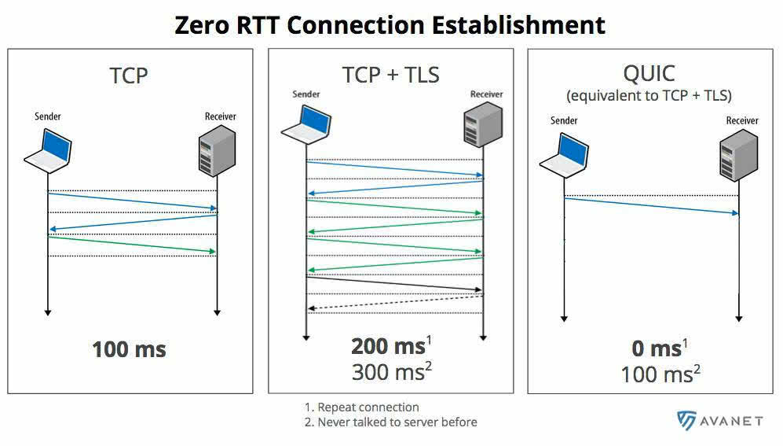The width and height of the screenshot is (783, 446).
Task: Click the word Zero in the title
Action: point(202,24)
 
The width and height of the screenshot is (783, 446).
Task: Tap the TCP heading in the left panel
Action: point(128,76)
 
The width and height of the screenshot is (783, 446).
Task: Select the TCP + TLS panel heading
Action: point(390,75)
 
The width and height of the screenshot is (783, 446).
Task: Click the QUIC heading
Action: point(649,73)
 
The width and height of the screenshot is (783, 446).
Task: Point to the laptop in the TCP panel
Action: point(49,151)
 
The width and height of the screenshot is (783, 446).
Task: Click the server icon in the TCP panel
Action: point(217,150)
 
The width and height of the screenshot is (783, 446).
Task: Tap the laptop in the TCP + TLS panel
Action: point(306,125)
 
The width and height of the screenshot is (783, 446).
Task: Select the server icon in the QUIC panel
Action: point(738,155)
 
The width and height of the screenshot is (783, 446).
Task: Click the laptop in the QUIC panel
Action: point(565,156)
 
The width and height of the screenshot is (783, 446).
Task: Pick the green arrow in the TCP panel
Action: point(132,245)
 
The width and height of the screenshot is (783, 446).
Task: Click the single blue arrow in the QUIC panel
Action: point(651,206)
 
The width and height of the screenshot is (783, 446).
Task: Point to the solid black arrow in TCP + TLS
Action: point(394,283)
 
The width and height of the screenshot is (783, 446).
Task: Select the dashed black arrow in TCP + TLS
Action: point(396,303)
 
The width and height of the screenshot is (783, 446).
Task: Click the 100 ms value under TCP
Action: point(129,349)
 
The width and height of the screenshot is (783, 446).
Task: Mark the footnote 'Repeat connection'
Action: point(368,407)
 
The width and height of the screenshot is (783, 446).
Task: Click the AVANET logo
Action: point(720,421)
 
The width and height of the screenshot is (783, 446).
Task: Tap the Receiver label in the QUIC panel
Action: point(742,120)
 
